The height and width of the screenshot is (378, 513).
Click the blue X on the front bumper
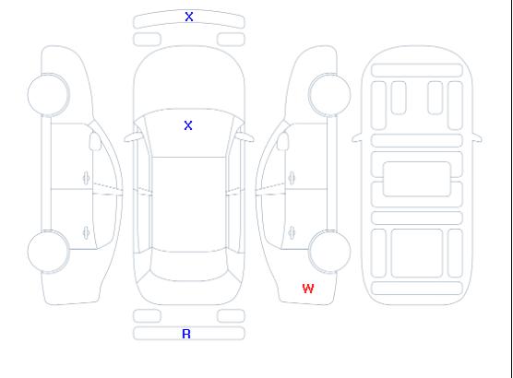pos(189,17)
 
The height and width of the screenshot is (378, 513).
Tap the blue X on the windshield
pos(188,125)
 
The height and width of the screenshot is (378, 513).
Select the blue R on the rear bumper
pos(186,334)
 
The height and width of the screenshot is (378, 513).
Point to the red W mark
pos(308,289)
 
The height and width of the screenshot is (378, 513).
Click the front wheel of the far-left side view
pos(48,95)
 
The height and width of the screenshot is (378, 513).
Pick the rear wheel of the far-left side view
pos(48,252)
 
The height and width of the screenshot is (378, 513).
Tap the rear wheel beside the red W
pos(329,252)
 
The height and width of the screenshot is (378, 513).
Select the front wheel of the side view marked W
pos(329,95)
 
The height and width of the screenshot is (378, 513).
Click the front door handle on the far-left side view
pos(86,178)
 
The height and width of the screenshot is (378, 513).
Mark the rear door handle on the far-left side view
pos(86,232)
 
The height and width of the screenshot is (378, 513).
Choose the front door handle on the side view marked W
pos(292,178)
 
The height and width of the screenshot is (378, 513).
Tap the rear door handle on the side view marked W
pos(292,232)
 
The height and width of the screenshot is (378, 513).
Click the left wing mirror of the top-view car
pos(132,137)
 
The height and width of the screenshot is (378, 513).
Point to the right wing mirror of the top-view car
pos(245,137)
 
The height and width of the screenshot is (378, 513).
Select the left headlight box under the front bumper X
pos(148,40)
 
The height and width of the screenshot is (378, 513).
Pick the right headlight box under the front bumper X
pos(231,40)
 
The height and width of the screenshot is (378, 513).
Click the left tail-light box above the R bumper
pos(148,316)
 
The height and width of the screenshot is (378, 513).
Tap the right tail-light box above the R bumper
pos(231,316)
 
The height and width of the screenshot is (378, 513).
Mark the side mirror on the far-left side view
pos(95,141)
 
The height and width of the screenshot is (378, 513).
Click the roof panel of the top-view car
pos(189,205)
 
